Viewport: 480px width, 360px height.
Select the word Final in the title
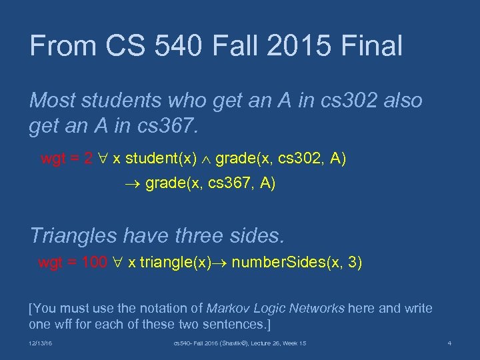[x=372, y=46]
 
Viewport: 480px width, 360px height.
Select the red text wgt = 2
[x=67, y=159]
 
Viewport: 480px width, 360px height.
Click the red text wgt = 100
[x=72, y=263]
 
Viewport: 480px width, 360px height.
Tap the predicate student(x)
[x=161, y=159]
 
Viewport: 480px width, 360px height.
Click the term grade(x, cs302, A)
[x=281, y=159]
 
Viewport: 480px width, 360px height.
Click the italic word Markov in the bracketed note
[x=225, y=309]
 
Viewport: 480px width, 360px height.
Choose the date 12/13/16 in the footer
[x=42, y=343]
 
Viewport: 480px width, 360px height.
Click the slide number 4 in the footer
[x=449, y=343]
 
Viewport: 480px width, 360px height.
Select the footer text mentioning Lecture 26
[x=240, y=343]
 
